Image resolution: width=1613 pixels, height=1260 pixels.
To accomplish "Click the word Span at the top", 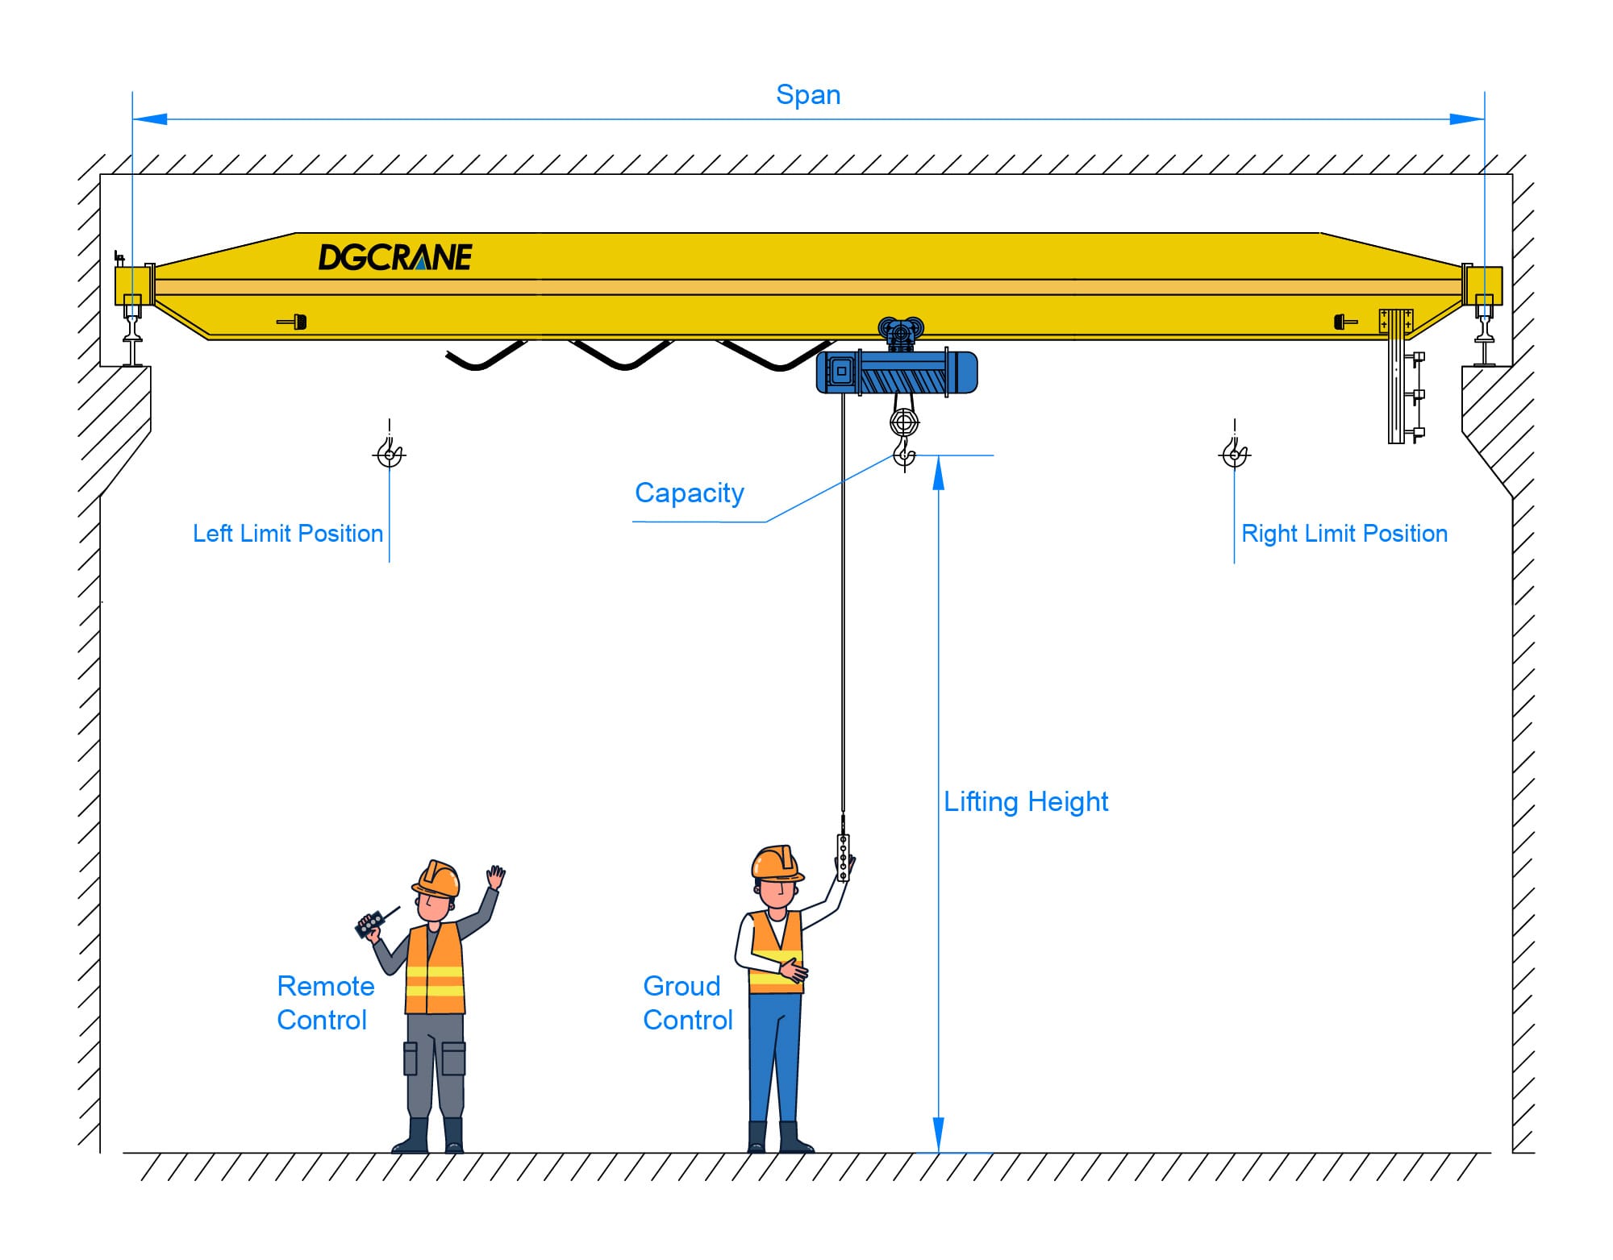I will [x=808, y=95].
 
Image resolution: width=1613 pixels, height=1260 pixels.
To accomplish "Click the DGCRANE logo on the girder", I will [x=394, y=257].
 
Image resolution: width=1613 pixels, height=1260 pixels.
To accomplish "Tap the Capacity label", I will [x=689, y=493].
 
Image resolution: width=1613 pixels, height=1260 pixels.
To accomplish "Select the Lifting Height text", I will [x=1026, y=801].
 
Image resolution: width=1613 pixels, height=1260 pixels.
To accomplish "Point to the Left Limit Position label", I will [x=288, y=534].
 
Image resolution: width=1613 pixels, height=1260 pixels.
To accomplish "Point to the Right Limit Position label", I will [x=1344, y=534].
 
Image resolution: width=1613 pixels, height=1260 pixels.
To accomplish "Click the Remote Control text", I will [x=325, y=1003].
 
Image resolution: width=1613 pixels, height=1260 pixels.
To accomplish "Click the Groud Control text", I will [x=687, y=1003].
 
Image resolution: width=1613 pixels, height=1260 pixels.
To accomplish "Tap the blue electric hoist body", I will [x=897, y=372].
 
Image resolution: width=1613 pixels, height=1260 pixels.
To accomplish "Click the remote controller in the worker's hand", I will [x=370, y=923].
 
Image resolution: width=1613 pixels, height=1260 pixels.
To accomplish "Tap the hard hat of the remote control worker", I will [x=437, y=878].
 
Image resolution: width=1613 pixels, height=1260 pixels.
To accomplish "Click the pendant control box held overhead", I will [x=844, y=856].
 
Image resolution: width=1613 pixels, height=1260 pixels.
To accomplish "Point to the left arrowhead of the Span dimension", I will [x=150, y=119].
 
